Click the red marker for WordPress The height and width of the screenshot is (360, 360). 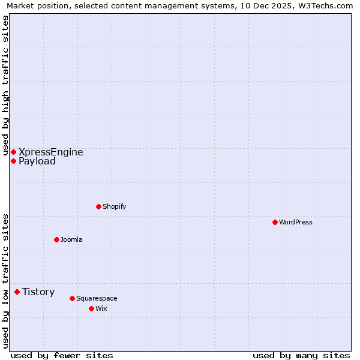275,222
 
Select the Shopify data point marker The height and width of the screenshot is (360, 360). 98,206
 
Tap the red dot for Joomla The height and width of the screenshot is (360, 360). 56,239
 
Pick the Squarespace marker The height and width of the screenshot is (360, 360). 72,298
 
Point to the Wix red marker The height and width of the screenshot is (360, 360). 91,308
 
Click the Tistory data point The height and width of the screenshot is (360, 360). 17,292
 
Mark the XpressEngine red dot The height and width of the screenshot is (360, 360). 13,152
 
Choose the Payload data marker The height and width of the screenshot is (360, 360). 13,161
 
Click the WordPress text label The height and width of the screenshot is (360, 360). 295,222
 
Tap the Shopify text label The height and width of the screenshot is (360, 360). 114,206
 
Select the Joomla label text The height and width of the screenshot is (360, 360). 71,239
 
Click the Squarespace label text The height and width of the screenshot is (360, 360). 97,298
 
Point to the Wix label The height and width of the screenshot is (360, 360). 101,308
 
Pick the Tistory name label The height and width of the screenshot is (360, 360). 38,292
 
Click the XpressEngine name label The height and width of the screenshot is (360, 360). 50,152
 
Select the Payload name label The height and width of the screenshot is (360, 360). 37,161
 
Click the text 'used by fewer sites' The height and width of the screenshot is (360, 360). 62,355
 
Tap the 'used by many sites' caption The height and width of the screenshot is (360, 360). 301,355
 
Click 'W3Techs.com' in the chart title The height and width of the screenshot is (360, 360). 327,6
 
